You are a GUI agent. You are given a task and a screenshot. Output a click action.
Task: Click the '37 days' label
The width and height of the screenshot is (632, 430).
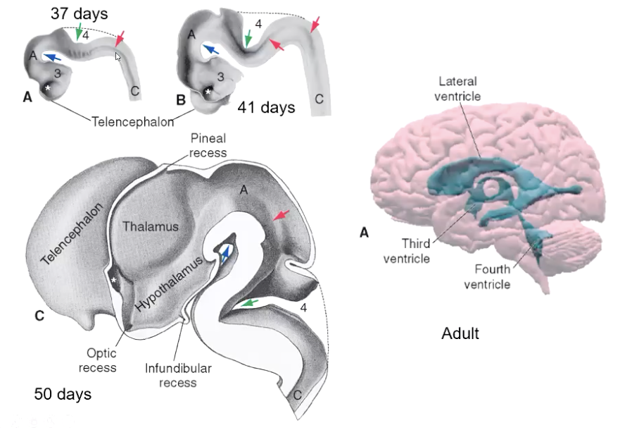[x=80, y=13]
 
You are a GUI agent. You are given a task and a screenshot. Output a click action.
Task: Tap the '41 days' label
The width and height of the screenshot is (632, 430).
[x=266, y=107]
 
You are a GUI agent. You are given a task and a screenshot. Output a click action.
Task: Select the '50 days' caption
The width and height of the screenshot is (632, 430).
[x=63, y=394]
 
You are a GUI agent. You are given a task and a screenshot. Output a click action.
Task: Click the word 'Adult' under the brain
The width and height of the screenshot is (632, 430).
[x=460, y=333]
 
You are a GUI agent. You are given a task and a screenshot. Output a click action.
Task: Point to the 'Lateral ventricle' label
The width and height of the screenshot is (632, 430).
[x=457, y=89]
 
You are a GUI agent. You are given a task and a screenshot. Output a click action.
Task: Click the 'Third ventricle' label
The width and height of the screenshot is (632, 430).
[x=407, y=251]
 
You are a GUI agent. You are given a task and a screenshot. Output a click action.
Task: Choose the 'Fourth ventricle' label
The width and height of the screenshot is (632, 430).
[x=487, y=276]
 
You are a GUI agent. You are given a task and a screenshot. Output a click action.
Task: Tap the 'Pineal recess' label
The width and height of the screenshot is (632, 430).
[x=208, y=145]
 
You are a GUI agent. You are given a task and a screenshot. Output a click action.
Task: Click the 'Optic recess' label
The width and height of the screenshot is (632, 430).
[x=98, y=360]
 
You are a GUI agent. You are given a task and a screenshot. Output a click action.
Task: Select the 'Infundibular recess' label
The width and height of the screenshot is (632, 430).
[x=178, y=375]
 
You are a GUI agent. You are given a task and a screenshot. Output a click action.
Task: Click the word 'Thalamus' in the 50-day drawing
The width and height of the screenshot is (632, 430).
[x=151, y=226]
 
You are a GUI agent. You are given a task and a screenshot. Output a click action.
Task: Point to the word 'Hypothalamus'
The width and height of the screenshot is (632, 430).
[x=168, y=284]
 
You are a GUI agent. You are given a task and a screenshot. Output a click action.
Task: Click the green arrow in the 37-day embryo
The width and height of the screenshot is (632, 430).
[x=80, y=31]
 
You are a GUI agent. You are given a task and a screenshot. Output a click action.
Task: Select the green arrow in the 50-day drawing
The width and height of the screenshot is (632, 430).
[x=250, y=303]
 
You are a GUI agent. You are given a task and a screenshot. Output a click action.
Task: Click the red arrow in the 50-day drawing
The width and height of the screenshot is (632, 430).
[x=281, y=215]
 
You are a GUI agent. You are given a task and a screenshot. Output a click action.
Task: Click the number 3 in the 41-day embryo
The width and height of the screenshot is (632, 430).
[x=220, y=77]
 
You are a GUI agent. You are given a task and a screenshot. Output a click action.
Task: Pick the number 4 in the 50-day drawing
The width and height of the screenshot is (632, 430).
[x=303, y=308]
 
